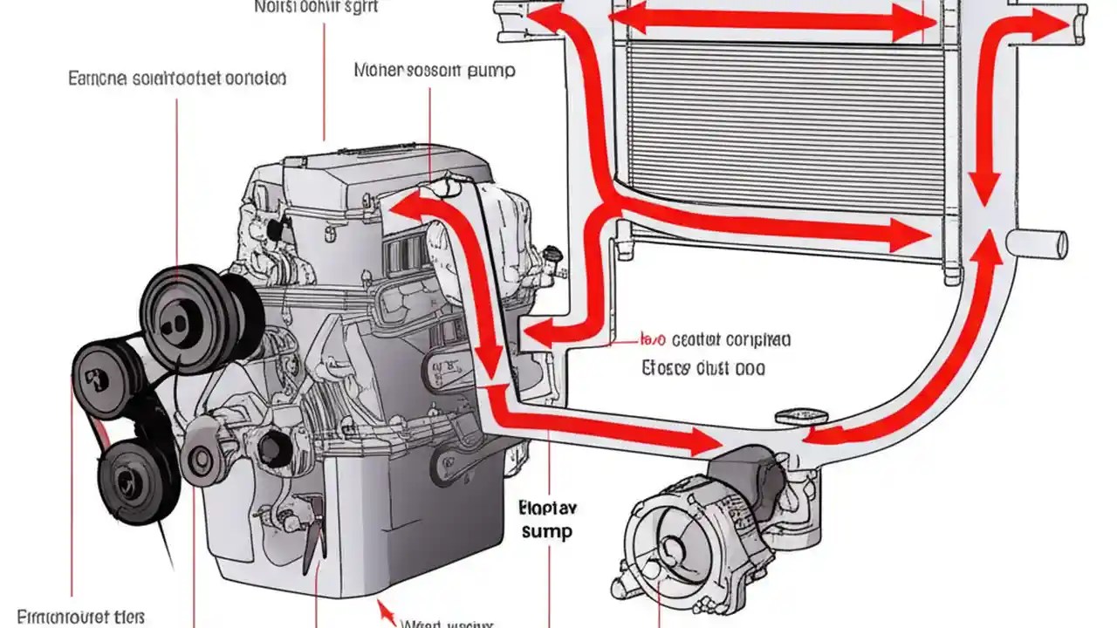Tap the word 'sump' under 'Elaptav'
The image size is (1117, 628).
tap(545, 531)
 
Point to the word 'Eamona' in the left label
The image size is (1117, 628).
tap(98, 78)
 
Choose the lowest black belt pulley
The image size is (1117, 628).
tap(131, 481)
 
